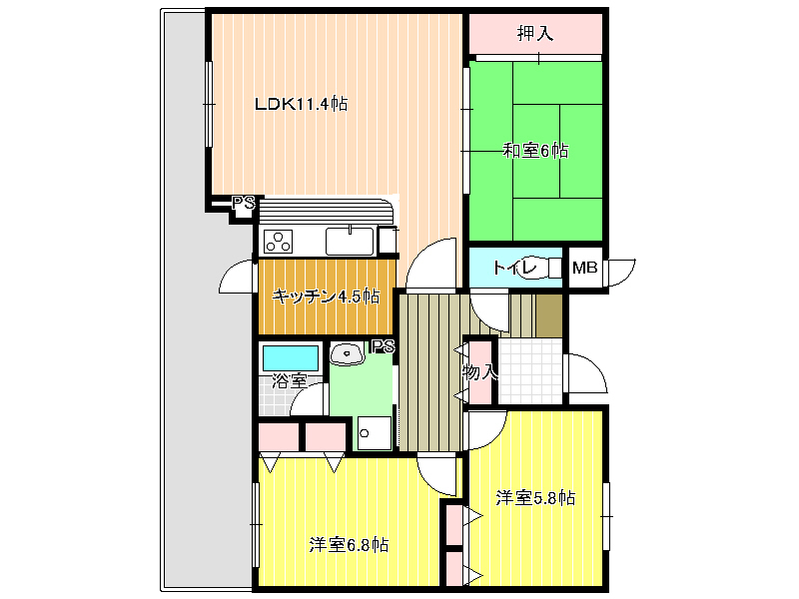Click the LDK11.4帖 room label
[x=302, y=104]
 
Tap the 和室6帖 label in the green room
[x=535, y=151]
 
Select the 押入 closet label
[x=535, y=34]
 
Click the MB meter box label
[x=584, y=267]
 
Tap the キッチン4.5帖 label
[x=327, y=296]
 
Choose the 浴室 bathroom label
[x=289, y=380]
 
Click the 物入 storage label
[x=479, y=372]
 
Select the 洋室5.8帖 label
[x=535, y=497]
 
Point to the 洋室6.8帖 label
[x=349, y=545]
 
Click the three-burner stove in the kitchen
[x=279, y=242]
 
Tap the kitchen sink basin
[x=350, y=241]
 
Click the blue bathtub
[x=291, y=358]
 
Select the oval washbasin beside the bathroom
[x=347, y=353]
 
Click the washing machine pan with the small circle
[x=375, y=433]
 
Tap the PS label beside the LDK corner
[x=243, y=204]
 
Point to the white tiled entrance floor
[x=530, y=370]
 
